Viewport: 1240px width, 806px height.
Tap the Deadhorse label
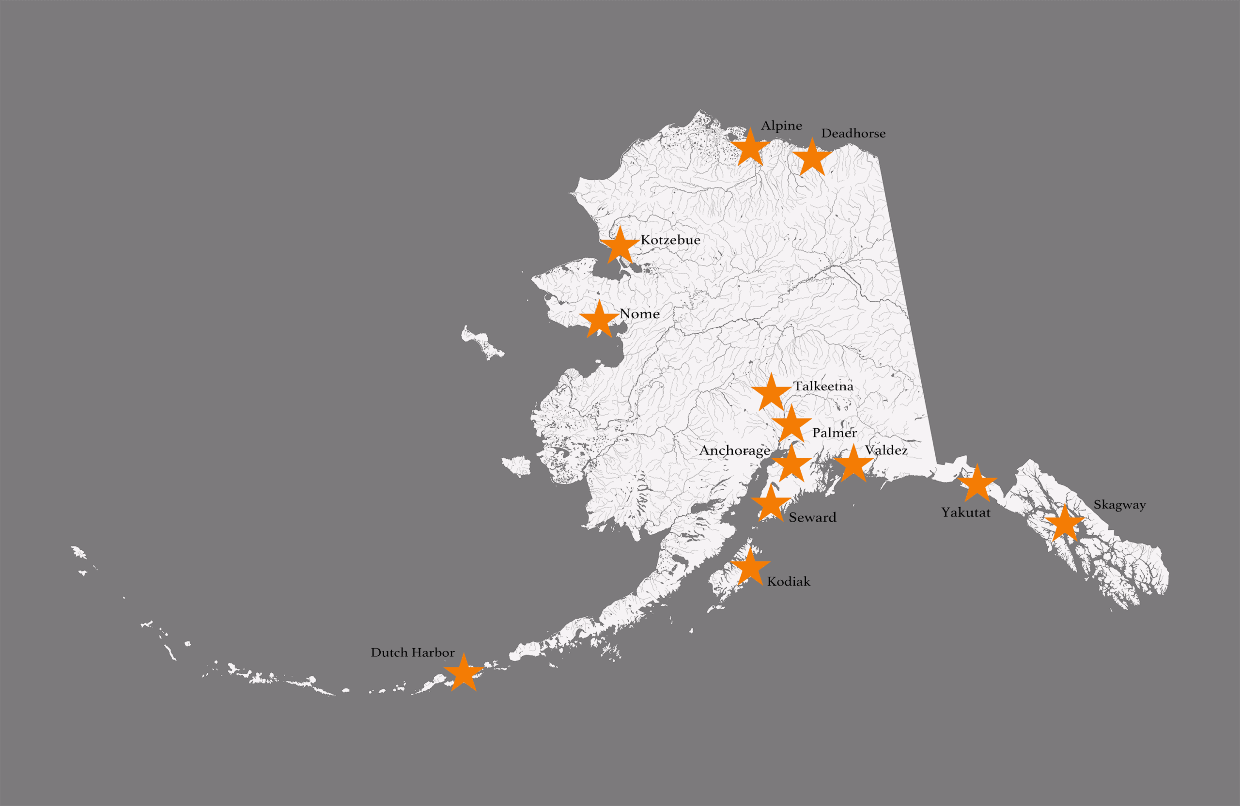click(x=853, y=133)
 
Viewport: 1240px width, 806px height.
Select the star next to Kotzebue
click(x=620, y=246)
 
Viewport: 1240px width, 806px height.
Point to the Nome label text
click(x=639, y=314)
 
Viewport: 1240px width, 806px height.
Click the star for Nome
click(x=599, y=319)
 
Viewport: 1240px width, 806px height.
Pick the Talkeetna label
click(x=823, y=386)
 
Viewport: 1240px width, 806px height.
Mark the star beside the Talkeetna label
click(x=771, y=393)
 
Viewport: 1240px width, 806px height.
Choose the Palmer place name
click(x=834, y=433)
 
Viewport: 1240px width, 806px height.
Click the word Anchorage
click(x=735, y=450)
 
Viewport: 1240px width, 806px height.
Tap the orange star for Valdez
click(x=853, y=463)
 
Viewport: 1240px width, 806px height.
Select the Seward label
click(x=812, y=517)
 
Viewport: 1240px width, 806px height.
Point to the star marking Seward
click(x=771, y=504)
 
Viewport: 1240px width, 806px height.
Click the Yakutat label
click(x=965, y=512)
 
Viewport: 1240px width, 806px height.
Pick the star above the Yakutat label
click(x=977, y=483)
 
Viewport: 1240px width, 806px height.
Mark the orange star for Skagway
click(x=1065, y=523)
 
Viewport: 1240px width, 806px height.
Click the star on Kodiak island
click(x=750, y=566)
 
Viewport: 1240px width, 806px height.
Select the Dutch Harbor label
click(x=412, y=652)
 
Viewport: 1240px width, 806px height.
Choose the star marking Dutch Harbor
click(x=463, y=673)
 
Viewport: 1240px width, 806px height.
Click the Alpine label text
click(x=781, y=125)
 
